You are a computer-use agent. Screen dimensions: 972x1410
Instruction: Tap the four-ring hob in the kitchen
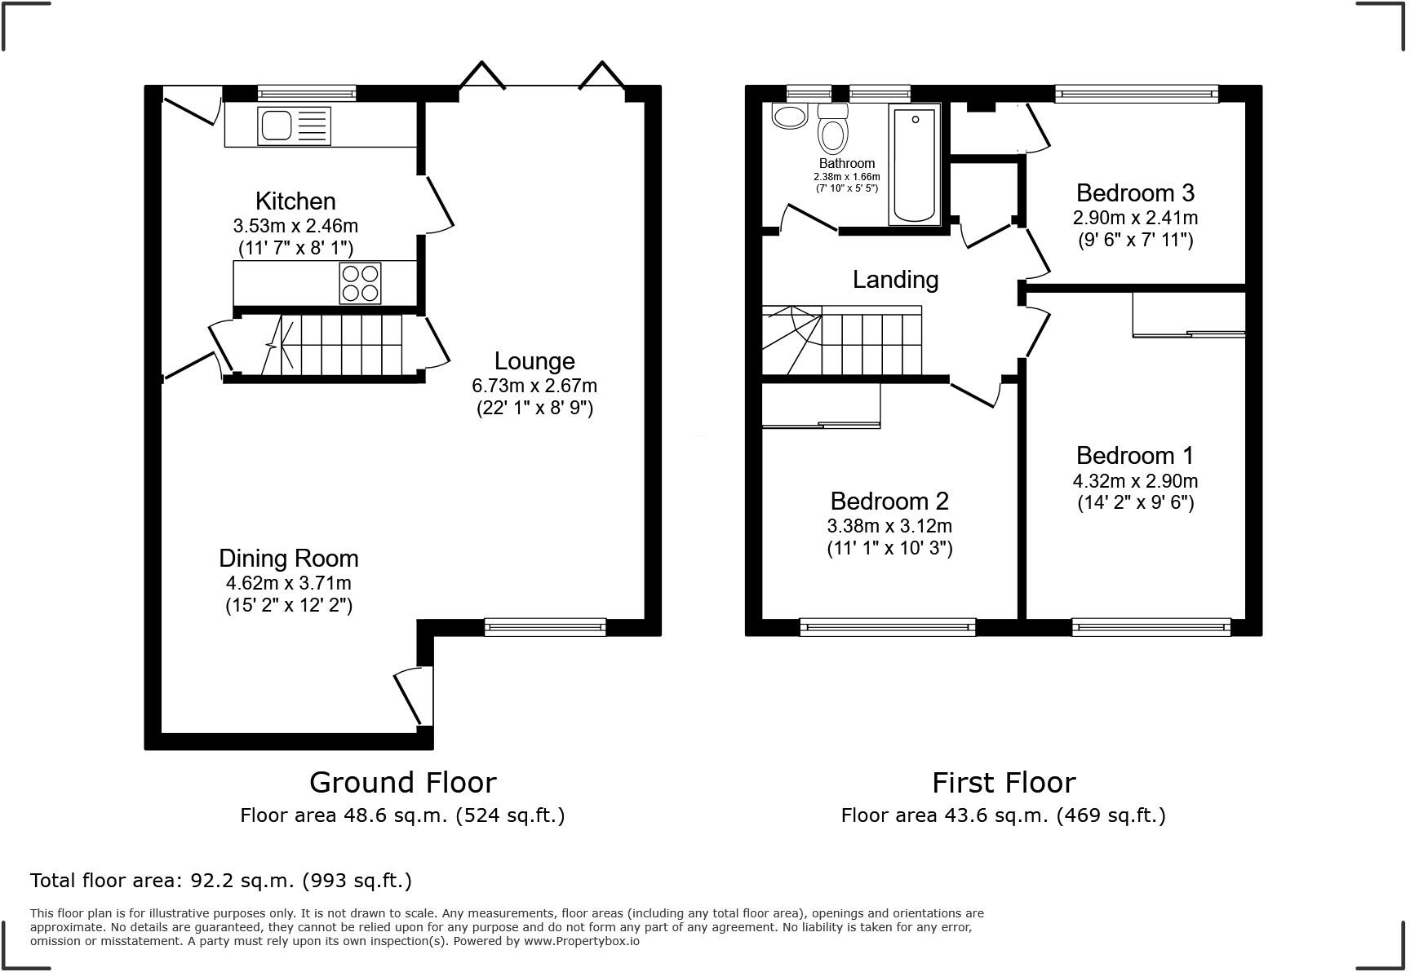pos(360,283)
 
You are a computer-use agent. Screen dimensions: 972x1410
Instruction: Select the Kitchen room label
pos(295,201)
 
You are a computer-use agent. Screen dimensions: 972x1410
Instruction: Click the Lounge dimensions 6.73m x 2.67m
pos(534,385)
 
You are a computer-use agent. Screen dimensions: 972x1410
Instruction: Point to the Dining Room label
pos(288,559)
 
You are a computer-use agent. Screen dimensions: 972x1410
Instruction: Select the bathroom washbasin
pos(789,117)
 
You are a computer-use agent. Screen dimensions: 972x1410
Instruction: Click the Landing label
pos(895,280)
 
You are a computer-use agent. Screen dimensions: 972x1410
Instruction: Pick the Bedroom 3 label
pos(1135,193)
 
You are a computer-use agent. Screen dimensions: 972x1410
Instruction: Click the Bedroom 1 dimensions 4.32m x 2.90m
pos(1135,481)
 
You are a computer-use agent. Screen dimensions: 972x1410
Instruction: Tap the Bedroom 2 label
pos(889,501)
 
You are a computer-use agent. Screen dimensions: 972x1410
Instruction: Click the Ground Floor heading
pos(402,783)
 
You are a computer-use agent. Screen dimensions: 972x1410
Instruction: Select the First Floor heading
pos(1004,783)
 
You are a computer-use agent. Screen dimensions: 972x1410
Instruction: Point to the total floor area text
pos(220,881)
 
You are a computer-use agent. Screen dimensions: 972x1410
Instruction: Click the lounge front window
pos(545,626)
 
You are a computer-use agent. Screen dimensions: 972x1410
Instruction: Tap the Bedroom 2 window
pos(888,626)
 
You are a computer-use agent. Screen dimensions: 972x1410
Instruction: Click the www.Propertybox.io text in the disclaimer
pos(581,941)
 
